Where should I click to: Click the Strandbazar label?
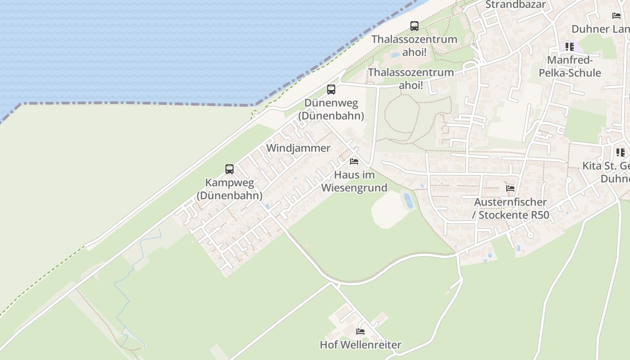515,5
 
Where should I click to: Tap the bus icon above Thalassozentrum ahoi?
414,26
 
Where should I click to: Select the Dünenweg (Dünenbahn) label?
331,109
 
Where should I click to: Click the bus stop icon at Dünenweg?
331,90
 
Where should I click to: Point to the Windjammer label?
298,148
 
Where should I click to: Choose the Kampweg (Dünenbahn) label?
229,189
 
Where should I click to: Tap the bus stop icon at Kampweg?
229,169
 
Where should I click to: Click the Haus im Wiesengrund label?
354,181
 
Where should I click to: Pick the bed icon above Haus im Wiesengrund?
354,161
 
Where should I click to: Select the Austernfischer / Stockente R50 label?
510,208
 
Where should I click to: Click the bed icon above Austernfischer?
510,188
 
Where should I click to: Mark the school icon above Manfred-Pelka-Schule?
570,46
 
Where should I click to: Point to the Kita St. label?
606,166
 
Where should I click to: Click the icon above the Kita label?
620,152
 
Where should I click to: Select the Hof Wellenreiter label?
360,345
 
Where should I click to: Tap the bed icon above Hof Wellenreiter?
360,332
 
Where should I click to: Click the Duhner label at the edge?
600,29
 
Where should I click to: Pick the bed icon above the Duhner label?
616,15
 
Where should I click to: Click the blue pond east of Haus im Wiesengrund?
408,200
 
